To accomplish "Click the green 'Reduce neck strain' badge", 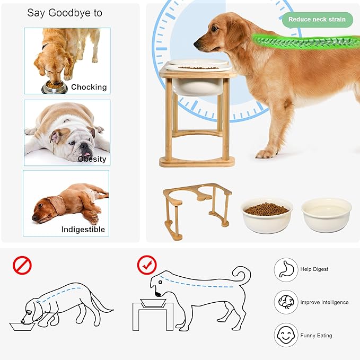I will [317, 20].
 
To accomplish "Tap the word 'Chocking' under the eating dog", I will [89, 87].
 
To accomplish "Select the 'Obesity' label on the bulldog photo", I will [92, 159].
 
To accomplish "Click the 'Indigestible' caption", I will [83, 230].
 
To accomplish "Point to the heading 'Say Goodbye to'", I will [65, 13].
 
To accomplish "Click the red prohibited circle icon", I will [22, 265].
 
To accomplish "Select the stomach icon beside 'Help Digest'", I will [286, 269].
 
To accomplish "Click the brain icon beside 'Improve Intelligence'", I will [286, 302].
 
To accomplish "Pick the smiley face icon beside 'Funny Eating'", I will [286, 335].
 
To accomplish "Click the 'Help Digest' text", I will [314, 269].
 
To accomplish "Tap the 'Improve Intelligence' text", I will [324, 302].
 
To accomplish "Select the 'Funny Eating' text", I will [316, 336].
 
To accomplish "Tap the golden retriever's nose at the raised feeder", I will [196, 40].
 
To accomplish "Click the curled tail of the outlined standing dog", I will [243, 275].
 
